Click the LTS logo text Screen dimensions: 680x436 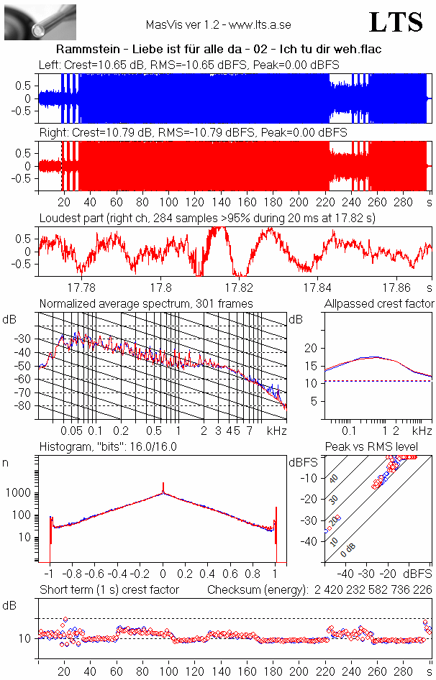[x=396, y=23]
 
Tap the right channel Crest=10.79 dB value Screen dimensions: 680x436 [x=114, y=133]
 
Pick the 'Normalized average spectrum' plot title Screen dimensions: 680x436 [x=146, y=304]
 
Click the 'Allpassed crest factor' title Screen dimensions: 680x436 [x=379, y=304]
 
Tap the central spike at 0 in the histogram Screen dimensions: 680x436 [x=163, y=489]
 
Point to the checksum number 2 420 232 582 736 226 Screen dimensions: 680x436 [x=373, y=589]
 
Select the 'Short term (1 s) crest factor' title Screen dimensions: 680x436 [x=109, y=589]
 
